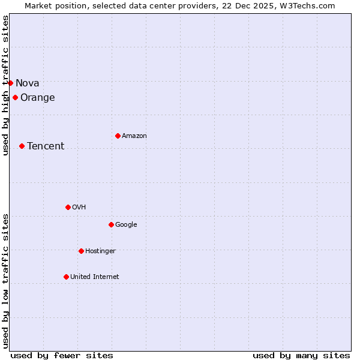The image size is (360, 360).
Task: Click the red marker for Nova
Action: tap(10, 83)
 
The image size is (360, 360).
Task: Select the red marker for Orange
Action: tap(15, 97)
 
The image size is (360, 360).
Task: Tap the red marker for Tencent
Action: tap(22, 146)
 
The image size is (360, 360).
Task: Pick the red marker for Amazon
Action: tap(118, 136)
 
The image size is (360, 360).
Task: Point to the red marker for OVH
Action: tap(68, 207)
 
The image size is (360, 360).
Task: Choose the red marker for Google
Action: tap(111, 224)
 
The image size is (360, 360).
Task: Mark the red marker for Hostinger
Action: tap(81, 251)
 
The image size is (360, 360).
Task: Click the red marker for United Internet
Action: tap(66, 277)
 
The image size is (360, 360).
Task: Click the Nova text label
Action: tap(28, 83)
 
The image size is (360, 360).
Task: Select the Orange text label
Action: tap(38, 98)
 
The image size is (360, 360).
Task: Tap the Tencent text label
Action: tap(46, 146)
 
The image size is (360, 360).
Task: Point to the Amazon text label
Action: tap(134, 136)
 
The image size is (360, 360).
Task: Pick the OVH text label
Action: tap(79, 208)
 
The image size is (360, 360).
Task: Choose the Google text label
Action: tap(126, 225)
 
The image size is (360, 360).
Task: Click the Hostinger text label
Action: tap(100, 251)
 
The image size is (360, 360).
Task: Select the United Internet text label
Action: tap(95, 277)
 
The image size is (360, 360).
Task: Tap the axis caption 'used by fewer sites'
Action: tap(62, 355)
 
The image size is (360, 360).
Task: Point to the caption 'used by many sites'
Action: tap(301, 355)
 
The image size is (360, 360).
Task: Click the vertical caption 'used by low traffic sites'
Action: tap(5, 281)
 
